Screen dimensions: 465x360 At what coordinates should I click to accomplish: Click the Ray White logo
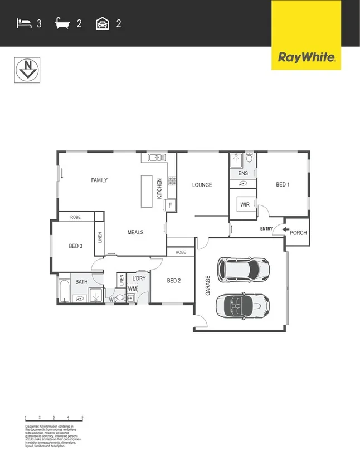[x=306, y=57]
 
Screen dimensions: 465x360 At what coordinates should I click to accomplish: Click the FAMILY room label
[x=99, y=180]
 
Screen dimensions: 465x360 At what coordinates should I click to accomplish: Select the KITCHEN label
[x=159, y=189]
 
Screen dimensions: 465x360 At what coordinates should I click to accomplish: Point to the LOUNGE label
[x=202, y=185]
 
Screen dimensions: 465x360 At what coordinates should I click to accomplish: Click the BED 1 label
[x=283, y=184]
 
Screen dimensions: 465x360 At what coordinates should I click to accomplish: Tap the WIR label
[x=245, y=205]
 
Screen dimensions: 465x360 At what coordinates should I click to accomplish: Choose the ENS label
[x=243, y=173]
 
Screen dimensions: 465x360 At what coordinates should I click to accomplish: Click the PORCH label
[x=298, y=232]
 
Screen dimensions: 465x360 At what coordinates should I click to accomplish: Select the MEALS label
[x=135, y=232]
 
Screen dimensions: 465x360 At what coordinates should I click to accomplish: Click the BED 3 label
[x=76, y=246]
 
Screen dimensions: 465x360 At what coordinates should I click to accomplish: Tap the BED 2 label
[x=174, y=281]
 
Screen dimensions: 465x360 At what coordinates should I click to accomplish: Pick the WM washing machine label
[x=132, y=288]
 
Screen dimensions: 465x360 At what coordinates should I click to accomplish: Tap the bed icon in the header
[x=24, y=23]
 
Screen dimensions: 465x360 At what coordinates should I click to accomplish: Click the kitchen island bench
[x=147, y=191]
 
